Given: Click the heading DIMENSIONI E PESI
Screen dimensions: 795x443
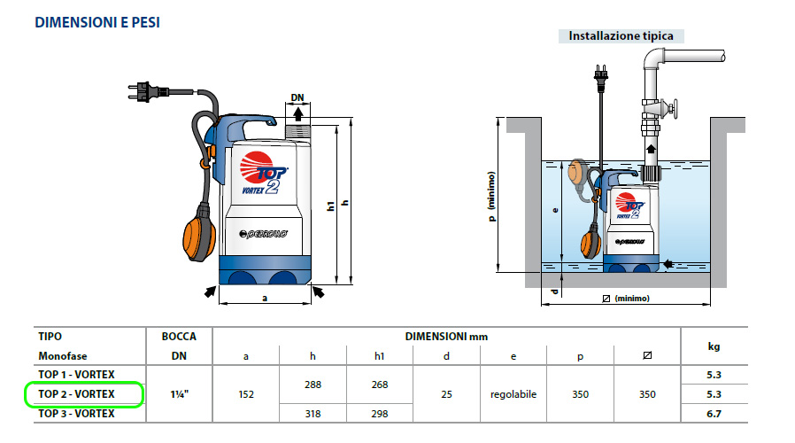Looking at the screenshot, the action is tap(97, 23).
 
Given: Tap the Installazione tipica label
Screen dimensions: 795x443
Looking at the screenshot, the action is tap(621, 36).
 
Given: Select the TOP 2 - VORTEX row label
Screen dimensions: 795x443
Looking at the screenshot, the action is tap(76, 394).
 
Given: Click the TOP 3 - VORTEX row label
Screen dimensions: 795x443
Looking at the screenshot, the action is tap(76, 414).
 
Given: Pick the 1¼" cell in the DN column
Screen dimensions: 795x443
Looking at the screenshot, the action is tap(180, 394).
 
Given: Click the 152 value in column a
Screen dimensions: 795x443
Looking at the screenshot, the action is tap(246, 394).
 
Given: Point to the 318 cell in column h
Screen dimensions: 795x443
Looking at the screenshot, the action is tap(313, 414).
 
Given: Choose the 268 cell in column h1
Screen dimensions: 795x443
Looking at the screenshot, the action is tap(379, 385).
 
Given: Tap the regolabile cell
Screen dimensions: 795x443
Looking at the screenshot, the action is tap(513, 394).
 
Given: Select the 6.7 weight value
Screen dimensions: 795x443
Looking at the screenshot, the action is tap(714, 414).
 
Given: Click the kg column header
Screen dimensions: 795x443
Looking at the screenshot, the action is tap(714, 346).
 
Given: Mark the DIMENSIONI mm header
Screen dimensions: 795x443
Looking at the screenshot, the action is tap(446, 337).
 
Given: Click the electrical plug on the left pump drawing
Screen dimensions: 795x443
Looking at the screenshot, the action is tap(147, 92).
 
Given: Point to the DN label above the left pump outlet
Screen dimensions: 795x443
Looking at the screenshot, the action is tap(297, 98).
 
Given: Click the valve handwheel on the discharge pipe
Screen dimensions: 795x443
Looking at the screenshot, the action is tap(675, 109).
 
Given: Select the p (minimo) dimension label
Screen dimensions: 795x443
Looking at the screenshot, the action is tap(492, 197).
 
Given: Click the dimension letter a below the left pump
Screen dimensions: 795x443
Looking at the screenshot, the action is tap(265, 299).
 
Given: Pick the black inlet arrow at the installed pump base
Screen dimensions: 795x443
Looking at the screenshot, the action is tap(668, 264).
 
